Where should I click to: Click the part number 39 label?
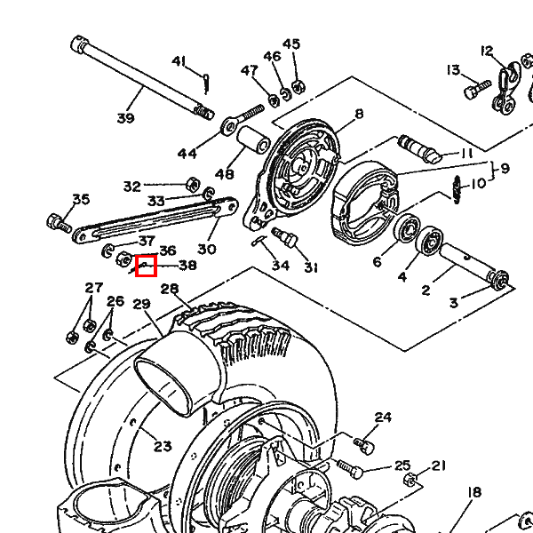(124, 119)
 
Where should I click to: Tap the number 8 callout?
(359, 114)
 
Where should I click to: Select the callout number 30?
(206, 249)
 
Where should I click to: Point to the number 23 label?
(163, 446)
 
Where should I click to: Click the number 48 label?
(224, 174)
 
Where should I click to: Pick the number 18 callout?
(473, 492)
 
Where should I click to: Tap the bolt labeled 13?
(476, 89)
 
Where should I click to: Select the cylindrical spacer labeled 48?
(252, 141)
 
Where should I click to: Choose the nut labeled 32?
(190, 185)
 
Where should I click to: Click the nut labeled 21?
(410, 480)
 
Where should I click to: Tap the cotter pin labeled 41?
(206, 81)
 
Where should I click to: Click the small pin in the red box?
(145, 264)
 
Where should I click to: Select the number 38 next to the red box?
(187, 265)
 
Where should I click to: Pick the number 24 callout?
(383, 418)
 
